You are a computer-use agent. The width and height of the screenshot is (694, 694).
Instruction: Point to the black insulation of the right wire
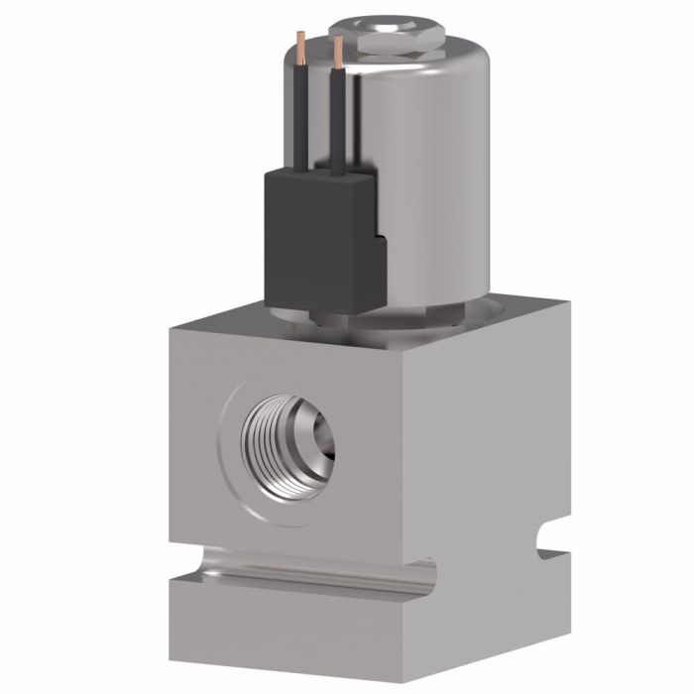click(x=340, y=124)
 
